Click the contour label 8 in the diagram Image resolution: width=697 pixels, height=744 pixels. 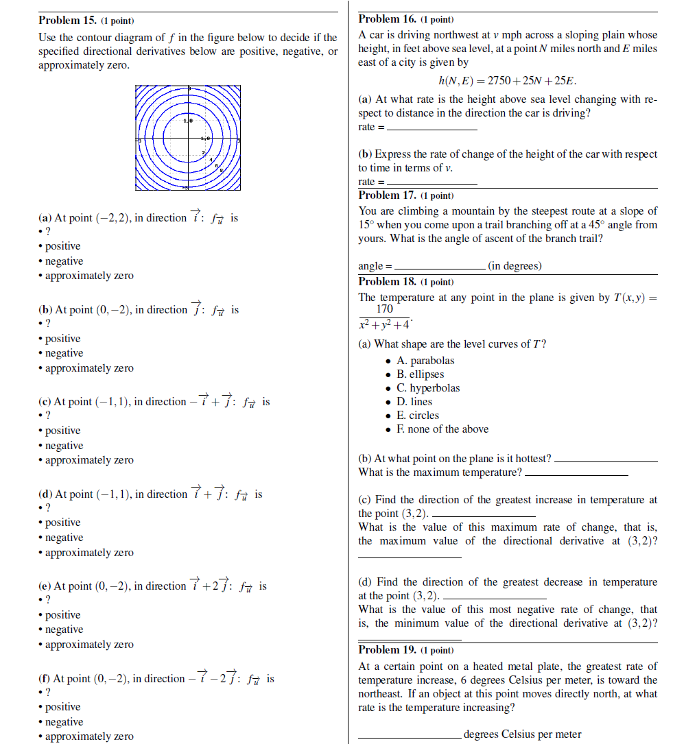point(221,170)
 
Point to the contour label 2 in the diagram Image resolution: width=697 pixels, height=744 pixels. point(204,152)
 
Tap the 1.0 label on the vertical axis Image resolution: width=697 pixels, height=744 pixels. point(188,121)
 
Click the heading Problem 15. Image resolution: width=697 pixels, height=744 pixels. point(68,21)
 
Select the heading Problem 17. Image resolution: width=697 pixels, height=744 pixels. point(388,195)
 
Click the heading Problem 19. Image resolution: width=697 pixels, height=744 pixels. point(388,650)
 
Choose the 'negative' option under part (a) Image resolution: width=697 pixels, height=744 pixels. point(64,261)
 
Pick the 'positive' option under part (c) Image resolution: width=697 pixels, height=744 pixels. point(62,431)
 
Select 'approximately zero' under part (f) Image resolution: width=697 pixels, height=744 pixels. point(89,736)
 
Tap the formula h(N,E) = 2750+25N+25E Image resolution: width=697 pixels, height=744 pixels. point(508,81)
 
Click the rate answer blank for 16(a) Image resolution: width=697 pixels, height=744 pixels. point(432,128)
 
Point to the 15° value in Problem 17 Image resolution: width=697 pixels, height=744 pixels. point(366,225)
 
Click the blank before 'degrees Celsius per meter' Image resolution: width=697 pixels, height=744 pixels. point(410,734)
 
